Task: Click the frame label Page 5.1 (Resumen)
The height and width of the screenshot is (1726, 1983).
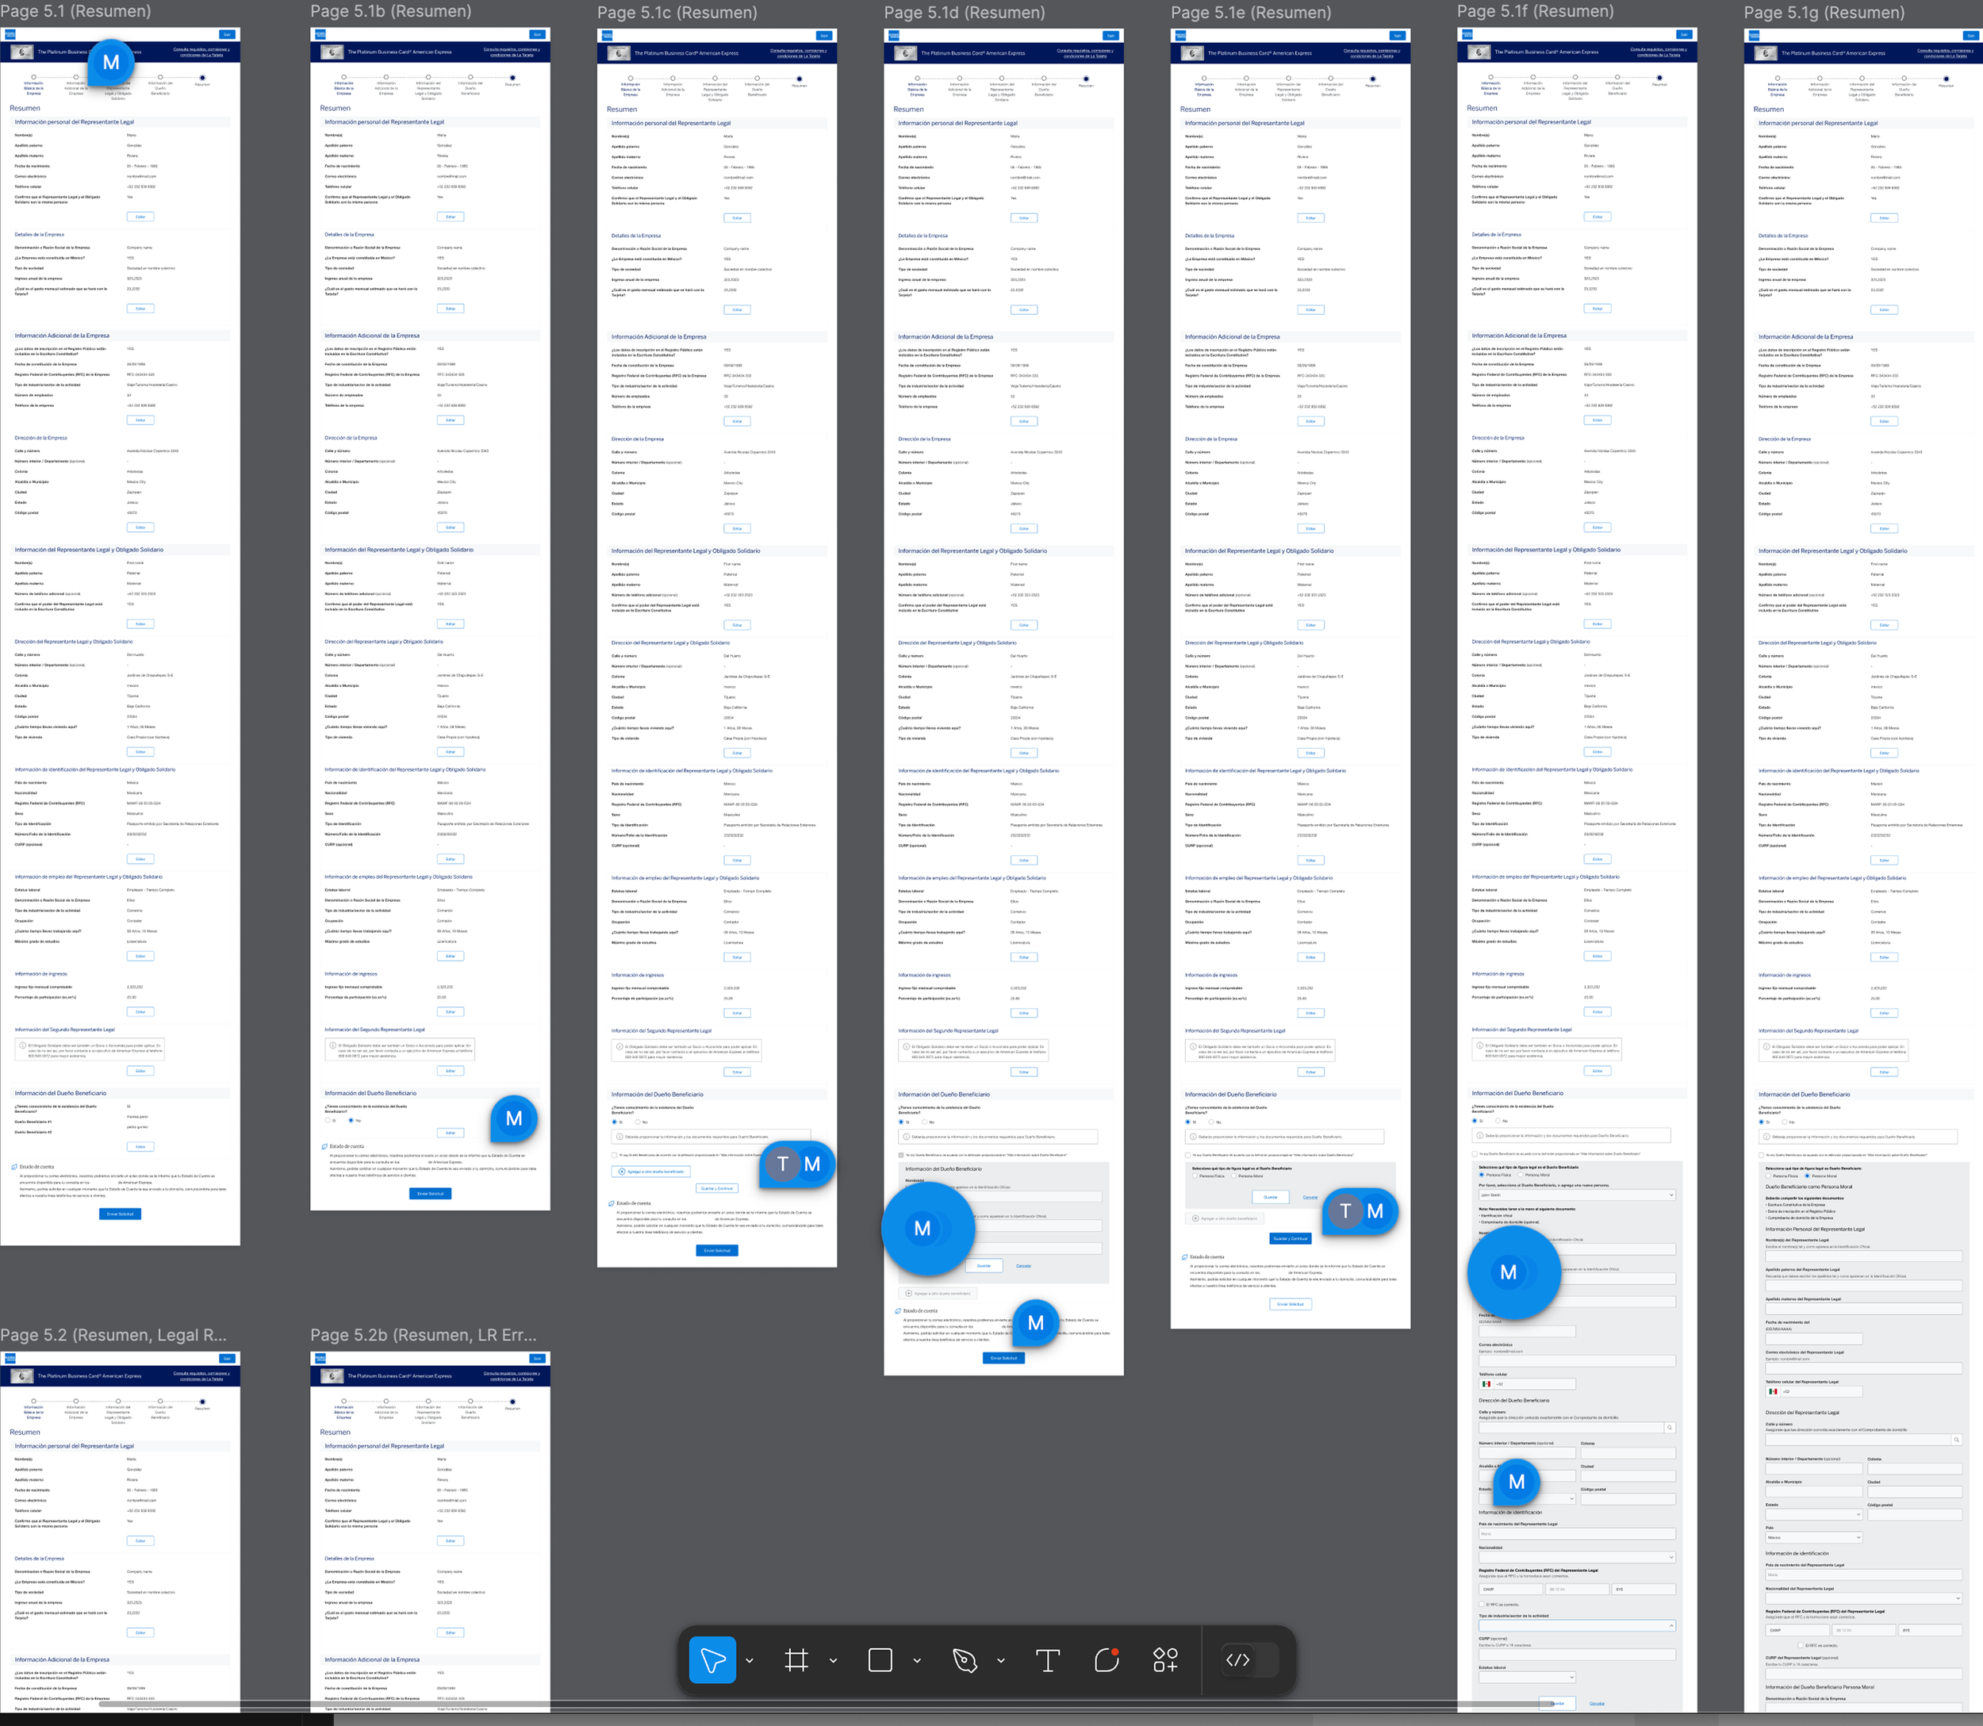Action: [x=76, y=12]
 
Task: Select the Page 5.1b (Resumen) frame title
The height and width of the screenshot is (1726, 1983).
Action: [x=391, y=12]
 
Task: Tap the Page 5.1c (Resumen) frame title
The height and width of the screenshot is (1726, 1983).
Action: [x=677, y=13]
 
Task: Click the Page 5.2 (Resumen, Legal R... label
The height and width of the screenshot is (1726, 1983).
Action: [x=113, y=1335]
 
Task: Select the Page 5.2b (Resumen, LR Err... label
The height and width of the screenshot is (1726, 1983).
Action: [x=424, y=1335]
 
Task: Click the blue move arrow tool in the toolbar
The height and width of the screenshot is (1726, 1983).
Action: [x=712, y=1660]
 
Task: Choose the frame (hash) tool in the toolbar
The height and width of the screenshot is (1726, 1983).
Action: [x=796, y=1660]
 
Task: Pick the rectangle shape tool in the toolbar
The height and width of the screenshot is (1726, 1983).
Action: [x=880, y=1660]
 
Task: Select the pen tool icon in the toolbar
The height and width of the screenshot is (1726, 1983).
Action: [x=964, y=1660]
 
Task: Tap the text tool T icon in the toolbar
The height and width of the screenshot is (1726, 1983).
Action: [x=1048, y=1660]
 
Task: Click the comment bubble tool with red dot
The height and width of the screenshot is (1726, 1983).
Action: [x=1107, y=1660]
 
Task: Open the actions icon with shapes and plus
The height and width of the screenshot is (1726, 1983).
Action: [x=1165, y=1660]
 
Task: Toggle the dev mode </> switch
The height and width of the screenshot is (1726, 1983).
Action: [x=1237, y=1660]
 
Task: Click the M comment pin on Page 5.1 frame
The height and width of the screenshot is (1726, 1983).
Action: [x=112, y=63]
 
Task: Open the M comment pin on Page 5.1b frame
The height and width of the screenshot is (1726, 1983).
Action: [x=514, y=1119]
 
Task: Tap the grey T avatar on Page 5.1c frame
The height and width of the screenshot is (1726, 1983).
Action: [x=783, y=1164]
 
